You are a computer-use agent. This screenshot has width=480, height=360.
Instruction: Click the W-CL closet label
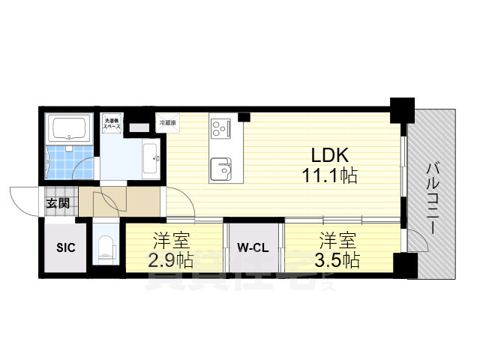point(253,248)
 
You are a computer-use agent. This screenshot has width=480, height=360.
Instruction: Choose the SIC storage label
point(64,248)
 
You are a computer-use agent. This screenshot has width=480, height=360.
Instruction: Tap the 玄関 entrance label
point(58,202)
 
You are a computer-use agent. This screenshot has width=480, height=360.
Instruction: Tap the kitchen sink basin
point(221,166)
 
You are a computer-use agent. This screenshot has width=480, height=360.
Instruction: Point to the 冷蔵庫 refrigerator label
point(166,121)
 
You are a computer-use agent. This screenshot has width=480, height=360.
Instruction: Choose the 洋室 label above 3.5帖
point(338,241)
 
